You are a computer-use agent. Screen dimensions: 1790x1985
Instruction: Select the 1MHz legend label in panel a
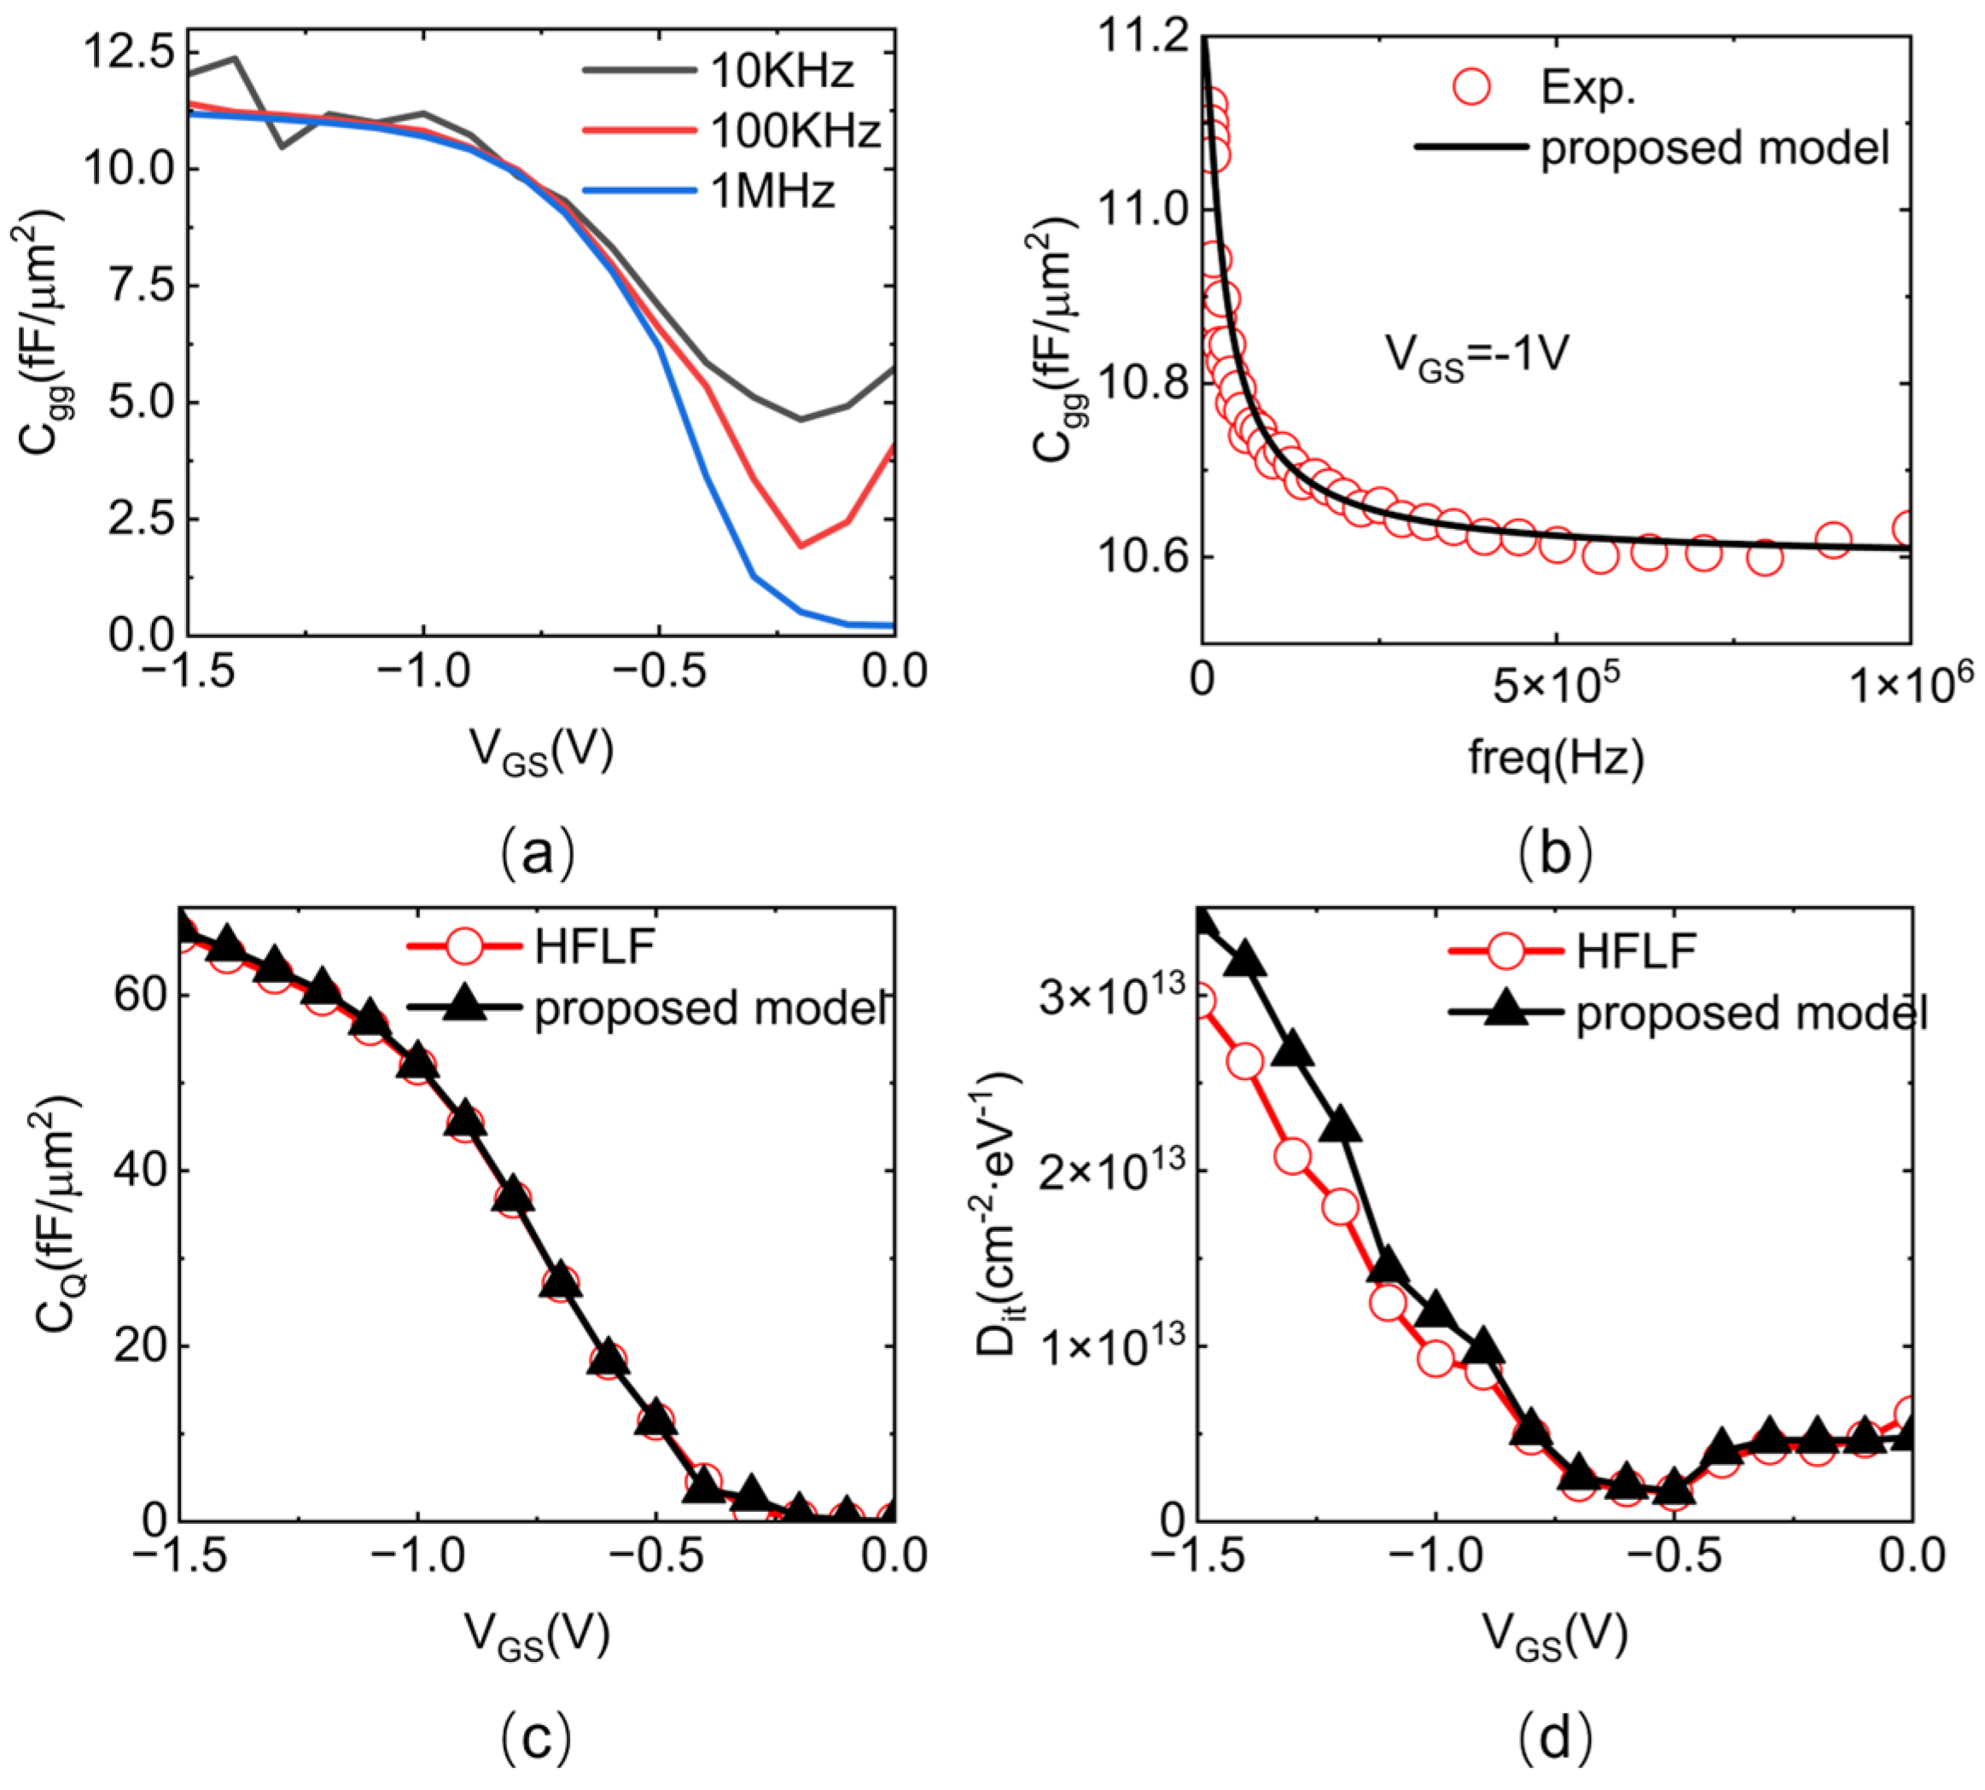(x=772, y=191)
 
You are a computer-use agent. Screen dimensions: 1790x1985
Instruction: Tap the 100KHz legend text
(x=795, y=131)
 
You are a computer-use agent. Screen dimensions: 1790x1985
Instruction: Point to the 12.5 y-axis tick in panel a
(x=128, y=52)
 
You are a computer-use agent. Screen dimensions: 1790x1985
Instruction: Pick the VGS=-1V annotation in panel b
(x=1476, y=356)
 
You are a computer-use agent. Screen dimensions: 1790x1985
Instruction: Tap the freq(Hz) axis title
(x=1555, y=758)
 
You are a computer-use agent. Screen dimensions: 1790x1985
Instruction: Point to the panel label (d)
(x=1554, y=1738)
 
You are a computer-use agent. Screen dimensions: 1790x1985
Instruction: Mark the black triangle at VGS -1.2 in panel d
(x=1340, y=1126)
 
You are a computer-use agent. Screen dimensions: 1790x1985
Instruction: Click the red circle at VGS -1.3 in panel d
(x=1293, y=1157)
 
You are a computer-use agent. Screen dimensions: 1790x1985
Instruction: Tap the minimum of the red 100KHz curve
(x=801, y=546)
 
